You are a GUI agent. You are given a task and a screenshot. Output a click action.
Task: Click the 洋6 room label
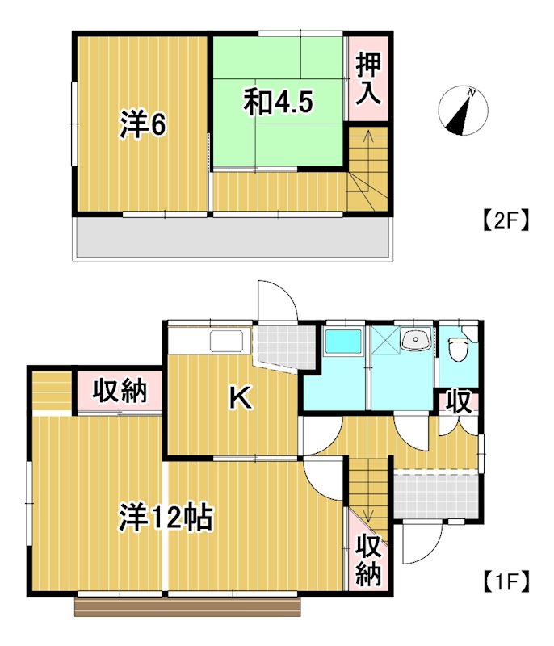coord(144,125)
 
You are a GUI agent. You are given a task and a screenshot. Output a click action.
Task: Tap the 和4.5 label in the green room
coord(279,103)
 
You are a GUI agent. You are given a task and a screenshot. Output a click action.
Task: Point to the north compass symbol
coord(460,111)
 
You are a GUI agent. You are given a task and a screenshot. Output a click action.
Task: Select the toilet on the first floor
coord(459,347)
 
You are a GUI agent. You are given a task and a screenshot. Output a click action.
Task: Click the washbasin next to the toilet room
coord(416,340)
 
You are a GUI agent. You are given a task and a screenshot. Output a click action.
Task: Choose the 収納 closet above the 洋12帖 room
coord(119,392)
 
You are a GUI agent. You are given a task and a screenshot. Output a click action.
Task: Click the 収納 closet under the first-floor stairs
coord(368,560)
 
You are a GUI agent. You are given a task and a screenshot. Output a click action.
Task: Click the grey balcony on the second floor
coord(234,238)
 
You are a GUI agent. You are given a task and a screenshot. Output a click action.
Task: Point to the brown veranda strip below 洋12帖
coord(187,606)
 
